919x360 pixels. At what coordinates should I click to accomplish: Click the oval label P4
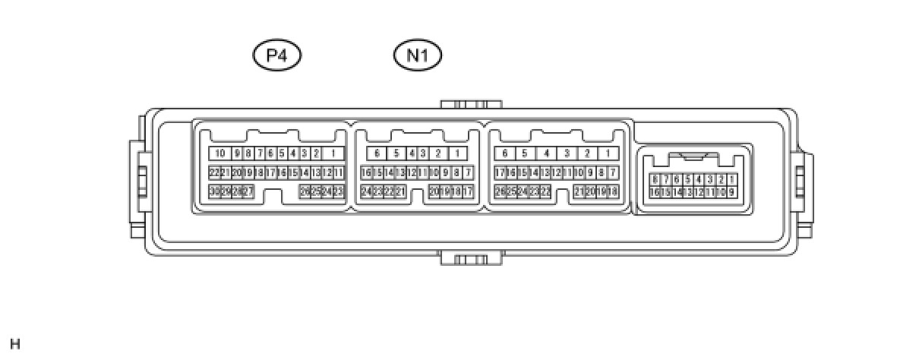[277, 55]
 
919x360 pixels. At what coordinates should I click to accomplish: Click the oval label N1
[418, 55]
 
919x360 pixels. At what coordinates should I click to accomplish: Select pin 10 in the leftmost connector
[219, 153]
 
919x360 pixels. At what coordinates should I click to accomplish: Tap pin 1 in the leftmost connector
[333, 153]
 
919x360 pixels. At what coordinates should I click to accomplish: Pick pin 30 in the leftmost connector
[214, 191]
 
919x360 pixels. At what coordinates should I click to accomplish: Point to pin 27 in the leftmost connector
[248, 191]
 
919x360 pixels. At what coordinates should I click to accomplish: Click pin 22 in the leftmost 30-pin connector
[214, 172]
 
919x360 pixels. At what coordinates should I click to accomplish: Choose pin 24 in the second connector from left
[366, 191]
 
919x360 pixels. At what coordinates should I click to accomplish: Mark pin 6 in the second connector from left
[377, 153]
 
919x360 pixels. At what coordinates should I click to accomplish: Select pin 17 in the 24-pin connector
[468, 191]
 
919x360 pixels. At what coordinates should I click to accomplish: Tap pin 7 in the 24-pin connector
[468, 172]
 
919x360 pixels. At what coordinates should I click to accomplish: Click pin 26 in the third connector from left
[500, 191]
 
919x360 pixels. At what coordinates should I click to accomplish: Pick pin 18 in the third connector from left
[612, 191]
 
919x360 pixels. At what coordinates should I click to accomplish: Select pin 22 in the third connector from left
[545, 191]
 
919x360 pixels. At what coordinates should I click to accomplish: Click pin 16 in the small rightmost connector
[654, 192]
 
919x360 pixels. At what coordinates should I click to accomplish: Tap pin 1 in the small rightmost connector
[731, 179]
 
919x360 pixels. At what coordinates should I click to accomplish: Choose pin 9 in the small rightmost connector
[731, 192]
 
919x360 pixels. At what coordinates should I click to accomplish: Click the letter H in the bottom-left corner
[15, 345]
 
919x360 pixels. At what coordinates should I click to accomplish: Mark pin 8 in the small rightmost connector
[654, 179]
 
